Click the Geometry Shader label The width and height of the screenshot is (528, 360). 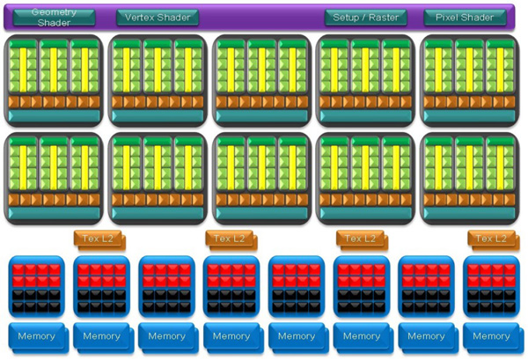(x=54, y=18)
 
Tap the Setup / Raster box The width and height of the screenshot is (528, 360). (x=365, y=18)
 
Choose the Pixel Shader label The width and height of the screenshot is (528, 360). (x=465, y=18)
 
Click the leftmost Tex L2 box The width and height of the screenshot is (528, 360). (x=99, y=239)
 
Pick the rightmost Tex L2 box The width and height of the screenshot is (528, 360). (x=492, y=239)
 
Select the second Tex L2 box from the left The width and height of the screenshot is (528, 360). (x=230, y=239)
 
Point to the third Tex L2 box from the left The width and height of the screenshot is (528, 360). (x=361, y=239)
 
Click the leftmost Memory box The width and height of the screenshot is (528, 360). (x=36, y=336)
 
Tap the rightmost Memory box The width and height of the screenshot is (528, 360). (x=491, y=336)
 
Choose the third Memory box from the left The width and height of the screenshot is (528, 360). (x=166, y=336)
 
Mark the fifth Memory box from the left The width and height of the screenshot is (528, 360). (x=297, y=336)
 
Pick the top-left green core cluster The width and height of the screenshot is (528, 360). (x=54, y=79)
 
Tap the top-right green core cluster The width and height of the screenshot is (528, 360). (x=469, y=79)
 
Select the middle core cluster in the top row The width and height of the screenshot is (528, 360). (x=261, y=79)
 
